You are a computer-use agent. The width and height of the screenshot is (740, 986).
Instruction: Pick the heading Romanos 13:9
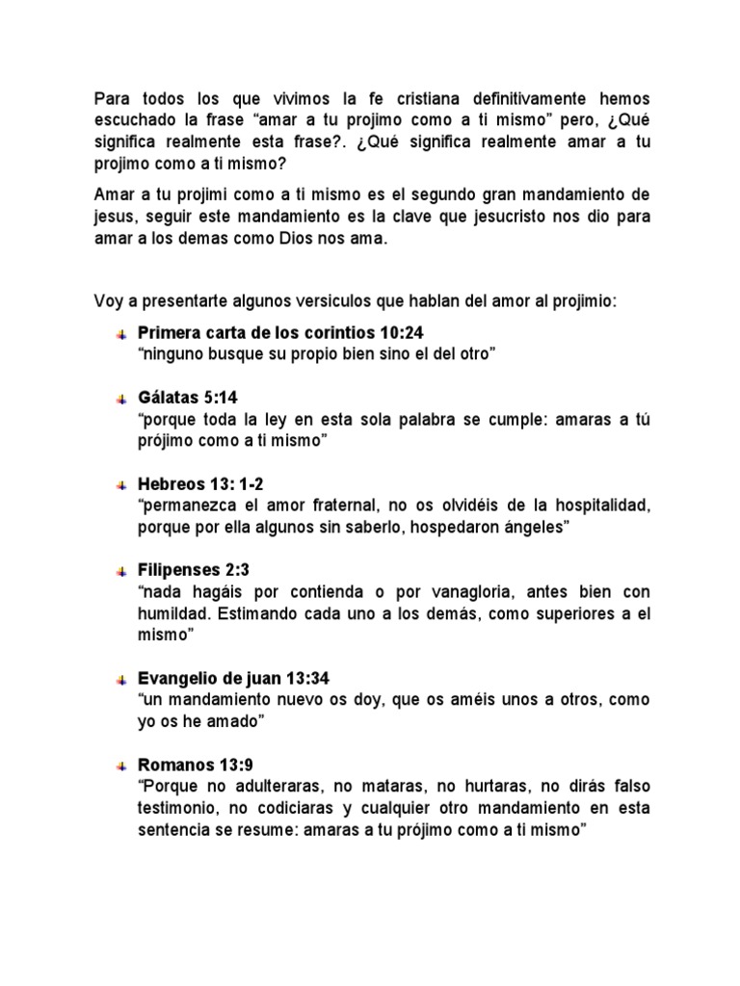point(190,765)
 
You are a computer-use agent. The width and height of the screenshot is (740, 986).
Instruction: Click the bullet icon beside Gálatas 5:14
point(120,399)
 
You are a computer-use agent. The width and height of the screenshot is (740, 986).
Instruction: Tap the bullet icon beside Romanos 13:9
point(120,766)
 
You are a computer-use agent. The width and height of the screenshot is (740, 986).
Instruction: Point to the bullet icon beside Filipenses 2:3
point(120,571)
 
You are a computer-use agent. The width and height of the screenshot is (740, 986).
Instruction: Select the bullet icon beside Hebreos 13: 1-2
point(120,485)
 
